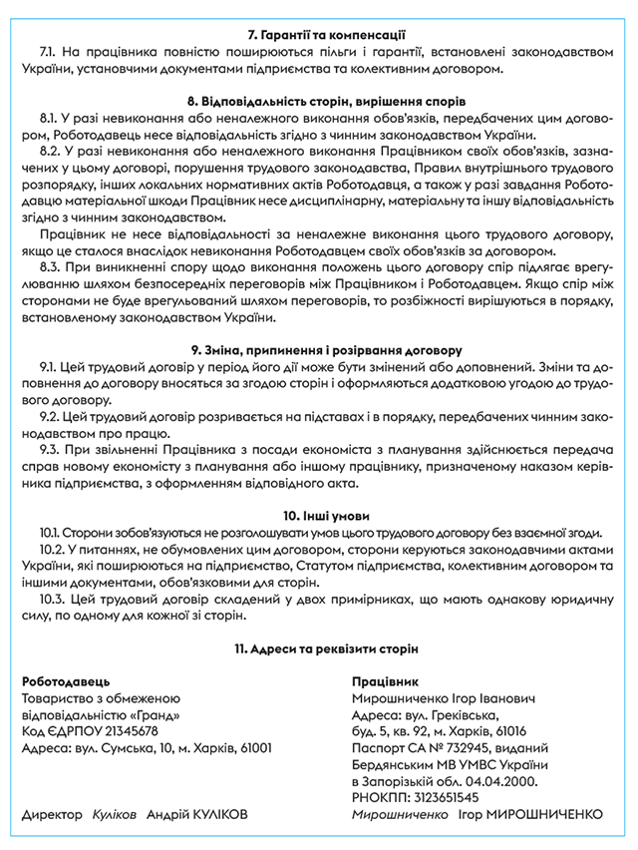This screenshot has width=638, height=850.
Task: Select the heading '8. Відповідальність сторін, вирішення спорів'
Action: (319, 103)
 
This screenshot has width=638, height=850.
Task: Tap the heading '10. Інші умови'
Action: (319, 517)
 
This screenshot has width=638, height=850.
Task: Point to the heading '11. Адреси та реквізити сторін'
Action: (319, 649)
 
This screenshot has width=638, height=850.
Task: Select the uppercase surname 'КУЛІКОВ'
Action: (209, 815)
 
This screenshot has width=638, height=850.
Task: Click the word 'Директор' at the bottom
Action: (53, 815)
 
